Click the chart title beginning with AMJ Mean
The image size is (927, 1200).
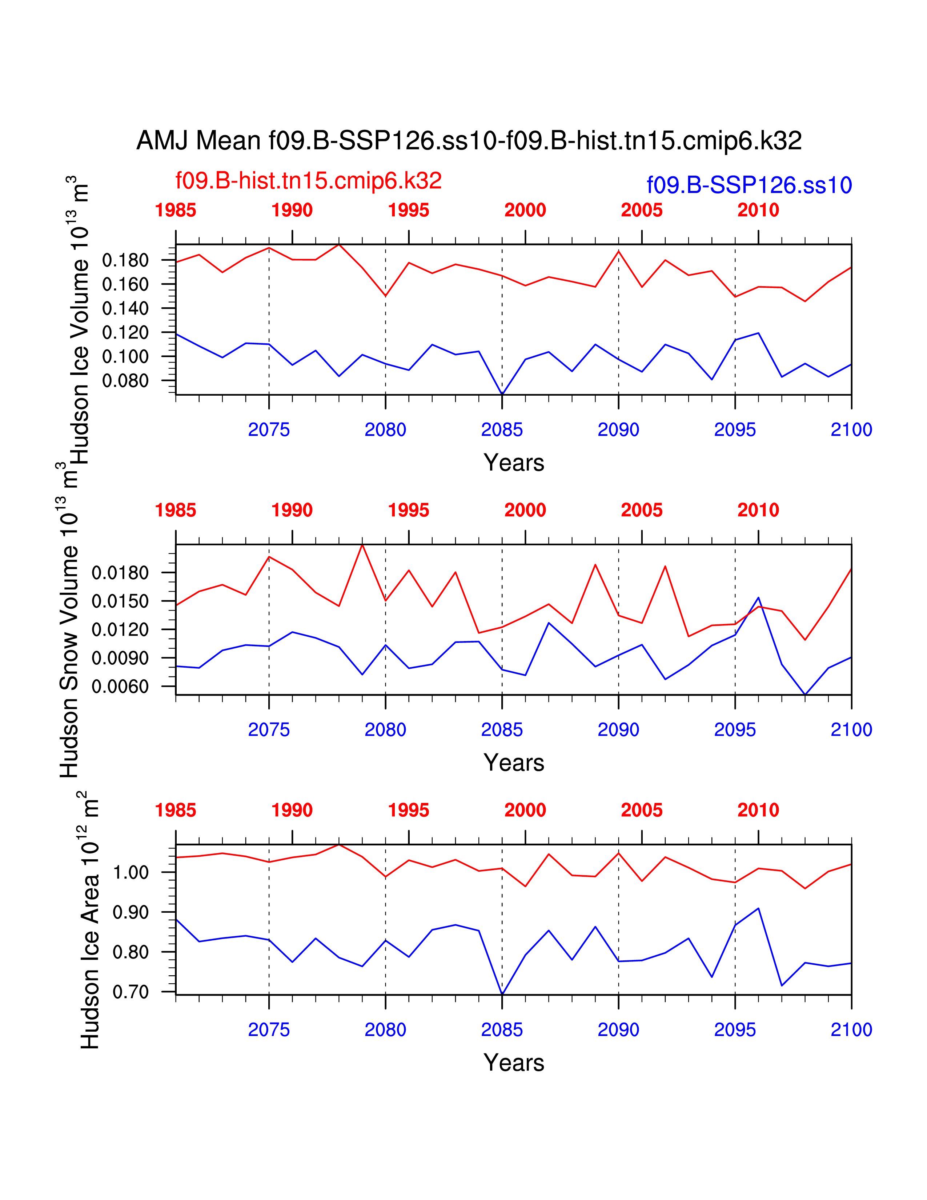click(x=469, y=141)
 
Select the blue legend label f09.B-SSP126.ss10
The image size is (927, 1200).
click(x=749, y=185)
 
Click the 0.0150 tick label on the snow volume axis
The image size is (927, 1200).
click(x=120, y=601)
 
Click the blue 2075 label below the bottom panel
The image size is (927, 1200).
click(x=269, y=1030)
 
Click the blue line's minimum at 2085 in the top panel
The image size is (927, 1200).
click(x=502, y=394)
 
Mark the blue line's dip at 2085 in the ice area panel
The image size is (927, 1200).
click(x=502, y=994)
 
